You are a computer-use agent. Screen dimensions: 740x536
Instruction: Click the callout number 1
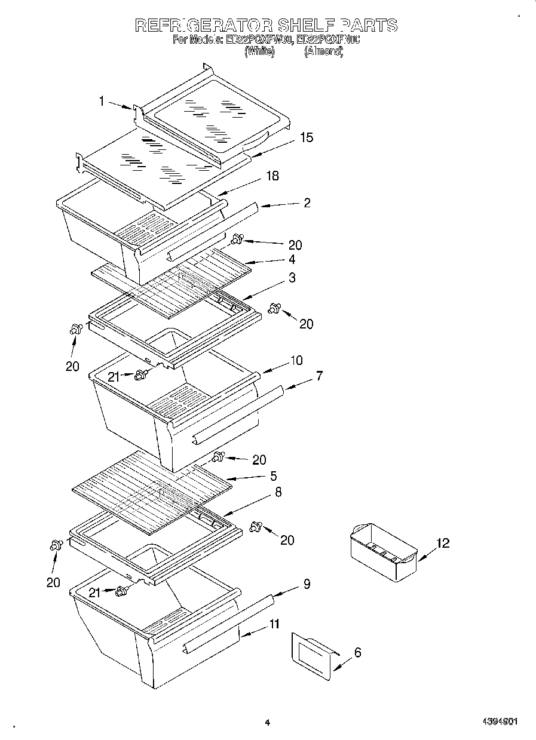click(102, 102)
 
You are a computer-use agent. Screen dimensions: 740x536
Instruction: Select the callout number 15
click(306, 138)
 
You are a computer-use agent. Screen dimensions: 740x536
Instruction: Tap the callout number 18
click(272, 176)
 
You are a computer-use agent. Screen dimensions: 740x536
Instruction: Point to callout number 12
click(442, 544)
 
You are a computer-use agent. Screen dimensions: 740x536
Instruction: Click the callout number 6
click(357, 653)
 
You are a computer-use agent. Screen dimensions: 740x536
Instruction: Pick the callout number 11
click(274, 624)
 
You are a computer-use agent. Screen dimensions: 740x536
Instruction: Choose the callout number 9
click(306, 585)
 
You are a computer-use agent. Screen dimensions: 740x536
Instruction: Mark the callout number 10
click(296, 361)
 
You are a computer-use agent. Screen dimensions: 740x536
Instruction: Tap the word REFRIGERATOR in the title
click(204, 25)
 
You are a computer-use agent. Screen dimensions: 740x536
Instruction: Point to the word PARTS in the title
click(369, 25)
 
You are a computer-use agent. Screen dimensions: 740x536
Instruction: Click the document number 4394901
click(500, 721)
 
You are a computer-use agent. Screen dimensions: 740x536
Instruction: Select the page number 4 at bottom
click(267, 722)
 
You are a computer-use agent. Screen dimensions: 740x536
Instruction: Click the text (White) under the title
click(259, 52)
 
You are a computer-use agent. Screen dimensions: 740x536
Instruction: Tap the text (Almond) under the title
click(323, 52)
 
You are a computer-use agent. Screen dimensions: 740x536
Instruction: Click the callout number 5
click(273, 476)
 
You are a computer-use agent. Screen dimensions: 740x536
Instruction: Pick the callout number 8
click(278, 492)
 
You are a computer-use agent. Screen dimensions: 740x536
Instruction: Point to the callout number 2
click(307, 203)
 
